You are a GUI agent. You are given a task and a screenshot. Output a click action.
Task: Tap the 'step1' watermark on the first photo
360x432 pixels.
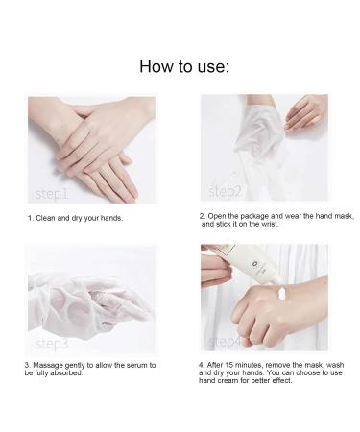coord(51,193)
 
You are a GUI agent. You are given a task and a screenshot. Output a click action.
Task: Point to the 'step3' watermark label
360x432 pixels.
coord(51,343)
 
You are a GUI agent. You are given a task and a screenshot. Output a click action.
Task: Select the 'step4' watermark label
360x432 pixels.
coord(227,342)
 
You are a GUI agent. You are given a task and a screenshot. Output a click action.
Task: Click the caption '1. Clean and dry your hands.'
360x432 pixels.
coord(74,218)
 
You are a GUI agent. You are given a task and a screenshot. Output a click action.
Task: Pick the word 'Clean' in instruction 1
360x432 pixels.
coord(45,218)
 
